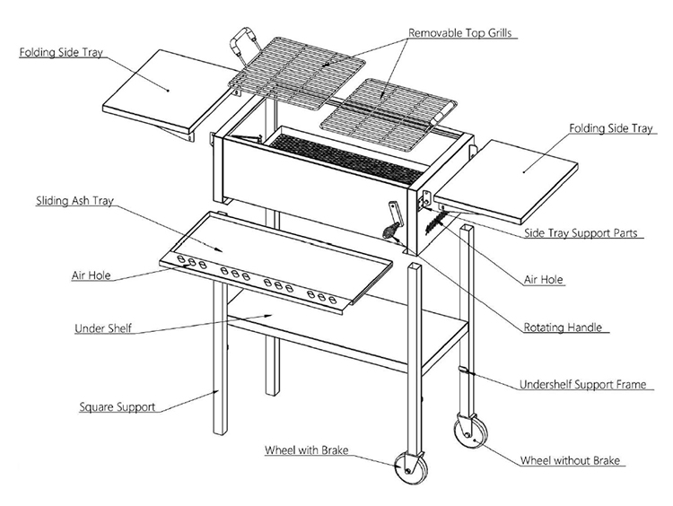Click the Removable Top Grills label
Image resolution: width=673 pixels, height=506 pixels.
[x=464, y=34]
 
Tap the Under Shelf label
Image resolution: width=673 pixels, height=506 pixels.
[x=102, y=328]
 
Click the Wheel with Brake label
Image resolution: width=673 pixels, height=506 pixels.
[x=306, y=449]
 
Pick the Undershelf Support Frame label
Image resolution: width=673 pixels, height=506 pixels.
[x=582, y=385]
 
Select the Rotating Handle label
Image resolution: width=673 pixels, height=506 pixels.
[x=563, y=327]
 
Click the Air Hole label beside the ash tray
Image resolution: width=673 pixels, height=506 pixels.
[x=92, y=275]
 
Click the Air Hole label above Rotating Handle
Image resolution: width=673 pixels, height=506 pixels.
[x=544, y=280]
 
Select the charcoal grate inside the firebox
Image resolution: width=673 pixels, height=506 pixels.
[x=350, y=153]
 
